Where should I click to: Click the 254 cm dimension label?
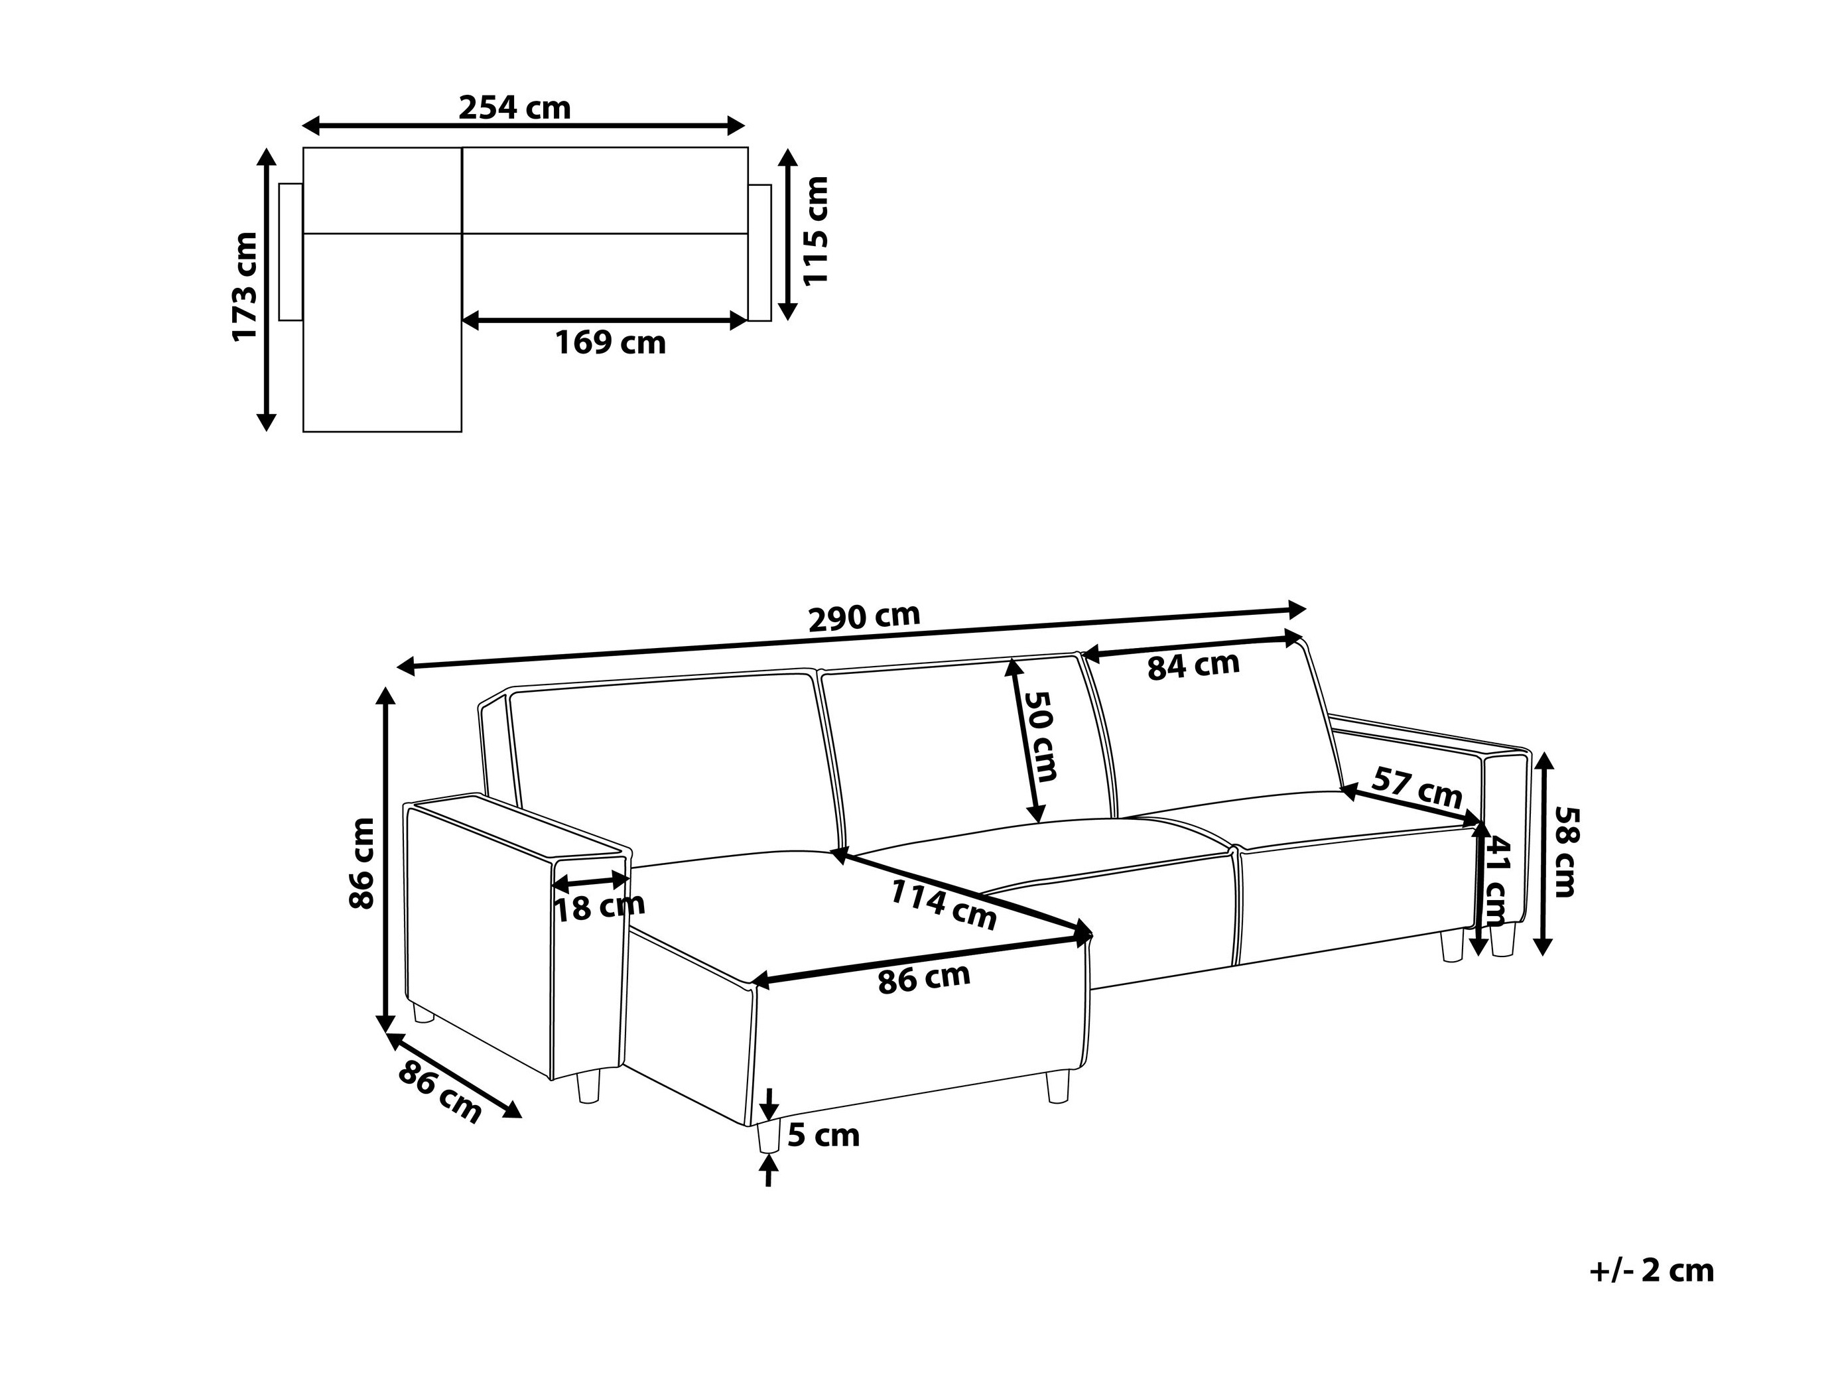(x=515, y=108)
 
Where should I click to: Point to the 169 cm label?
(x=610, y=343)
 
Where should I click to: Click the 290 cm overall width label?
(x=864, y=617)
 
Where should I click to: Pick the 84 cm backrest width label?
(x=1193, y=666)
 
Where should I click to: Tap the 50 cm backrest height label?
(x=1041, y=736)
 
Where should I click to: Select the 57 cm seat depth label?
(x=1416, y=788)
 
